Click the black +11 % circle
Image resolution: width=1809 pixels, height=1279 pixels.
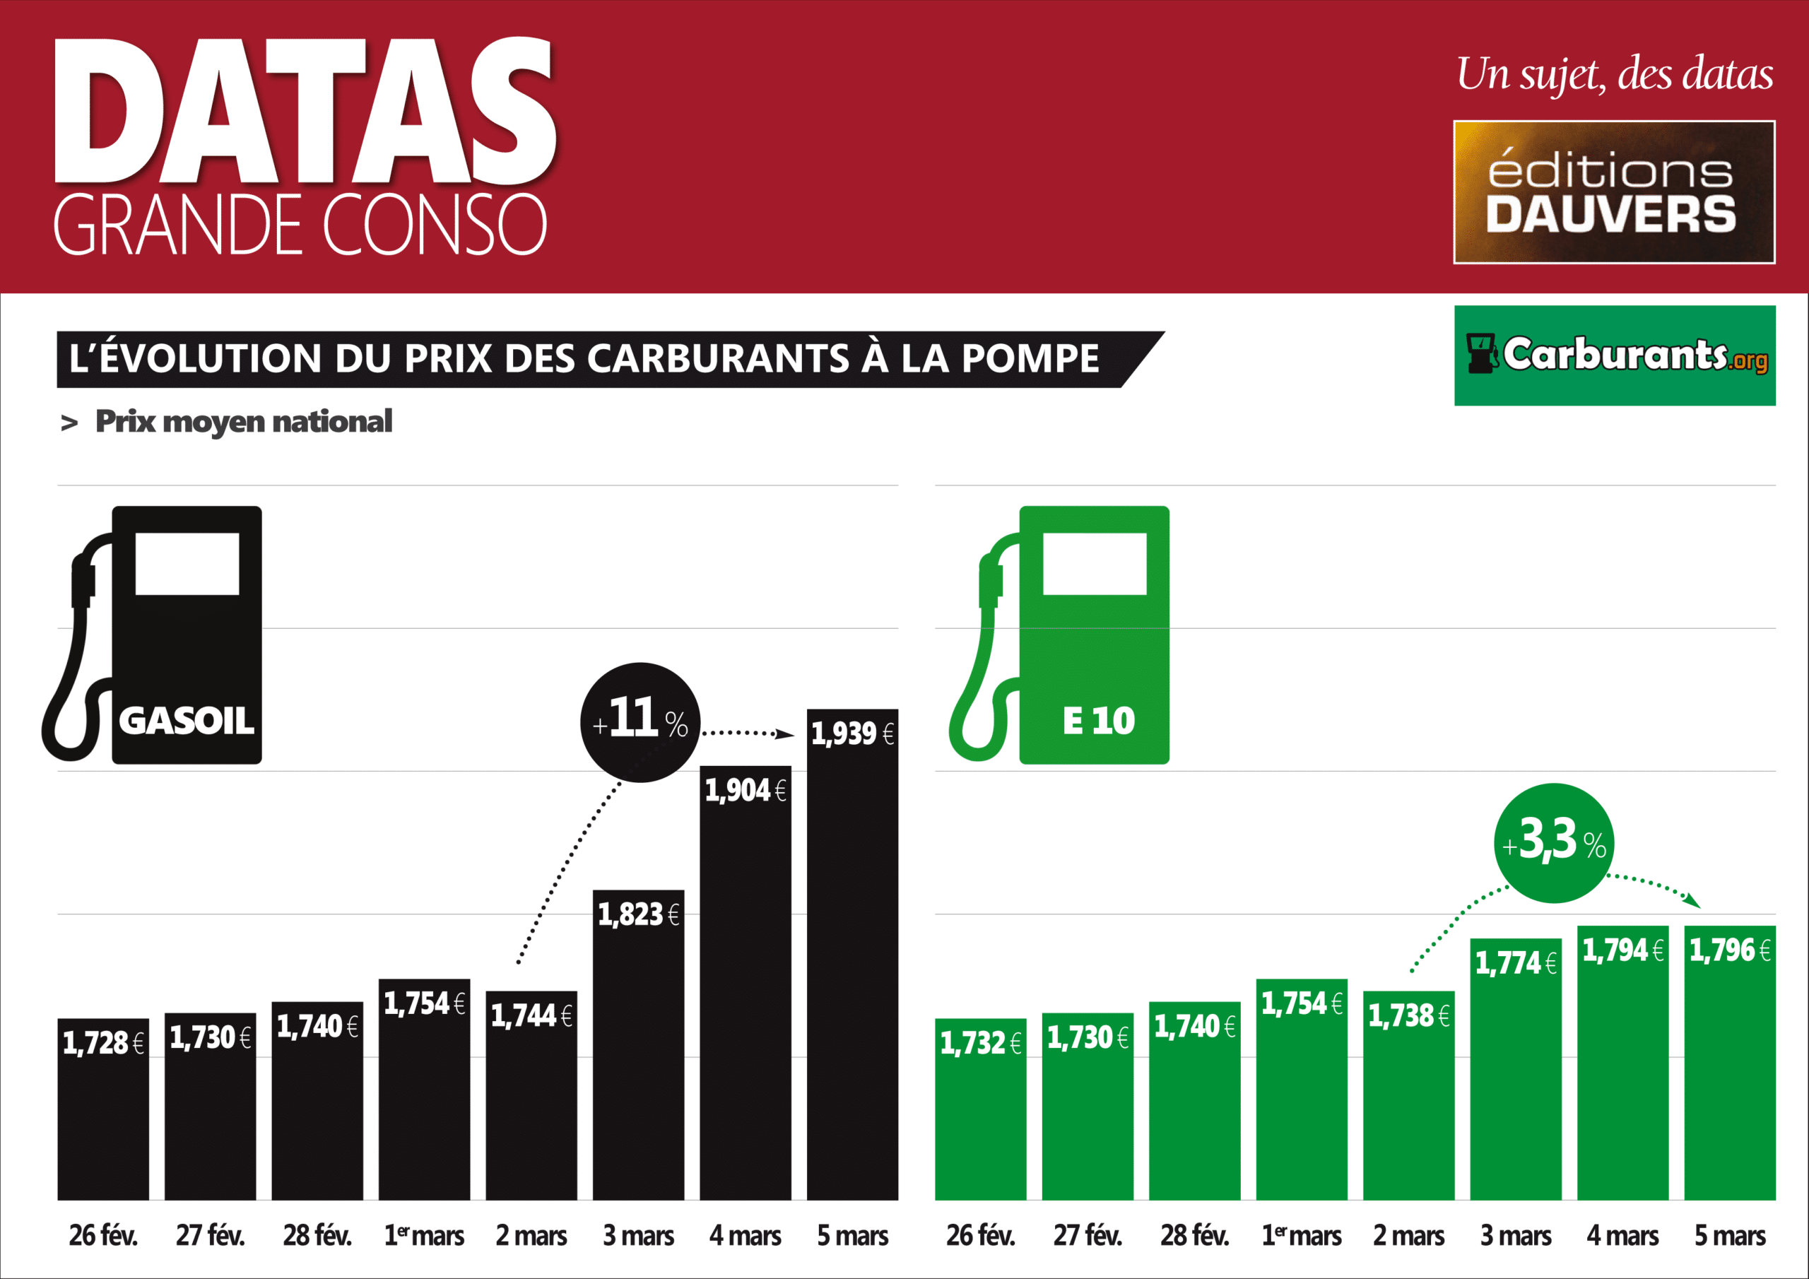coord(640,722)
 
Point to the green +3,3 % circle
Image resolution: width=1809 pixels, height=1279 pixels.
coord(1554,842)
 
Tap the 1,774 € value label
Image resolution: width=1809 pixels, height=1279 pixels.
coord(1515,963)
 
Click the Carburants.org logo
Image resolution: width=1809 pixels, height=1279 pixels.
coord(1615,355)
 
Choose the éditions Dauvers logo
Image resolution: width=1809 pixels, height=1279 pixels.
coord(1613,192)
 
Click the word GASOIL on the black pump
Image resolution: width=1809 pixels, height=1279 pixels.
coord(187,720)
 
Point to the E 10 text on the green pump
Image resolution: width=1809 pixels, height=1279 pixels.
coord(1098,720)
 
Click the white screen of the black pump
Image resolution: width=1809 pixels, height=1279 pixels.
coord(187,563)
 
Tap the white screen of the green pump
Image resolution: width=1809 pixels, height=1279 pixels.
coord(1095,563)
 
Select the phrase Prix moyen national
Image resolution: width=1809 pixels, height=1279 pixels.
coord(244,422)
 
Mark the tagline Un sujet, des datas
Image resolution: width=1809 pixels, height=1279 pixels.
coord(1615,75)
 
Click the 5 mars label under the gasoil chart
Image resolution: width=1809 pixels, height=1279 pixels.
coord(852,1236)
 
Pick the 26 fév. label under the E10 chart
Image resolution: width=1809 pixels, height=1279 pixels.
coord(980,1236)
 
